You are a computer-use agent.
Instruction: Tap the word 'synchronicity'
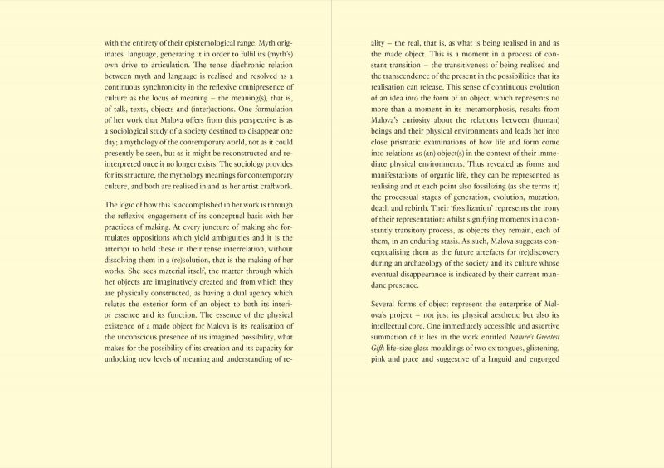click(166, 85)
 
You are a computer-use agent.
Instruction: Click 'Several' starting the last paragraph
click(384, 305)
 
